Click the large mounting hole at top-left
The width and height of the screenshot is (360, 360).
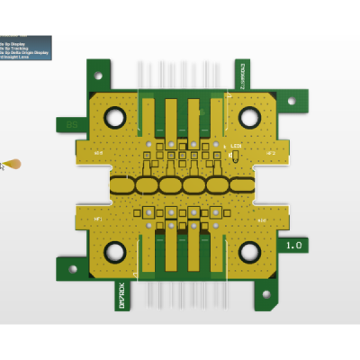point(116,117)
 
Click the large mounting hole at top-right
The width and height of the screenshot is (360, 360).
point(249,117)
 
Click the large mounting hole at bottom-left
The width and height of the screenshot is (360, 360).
point(115,252)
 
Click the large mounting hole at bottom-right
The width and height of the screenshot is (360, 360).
point(249,252)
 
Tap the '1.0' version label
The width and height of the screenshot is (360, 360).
point(293,245)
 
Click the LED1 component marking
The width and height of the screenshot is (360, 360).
point(236,146)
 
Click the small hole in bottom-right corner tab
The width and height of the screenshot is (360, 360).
point(265,293)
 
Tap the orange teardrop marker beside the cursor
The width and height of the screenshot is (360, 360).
point(13,164)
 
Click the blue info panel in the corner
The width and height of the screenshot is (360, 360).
point(25,47)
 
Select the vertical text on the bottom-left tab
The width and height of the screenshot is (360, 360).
point(122,294)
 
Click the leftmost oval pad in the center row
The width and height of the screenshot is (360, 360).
point(122,185)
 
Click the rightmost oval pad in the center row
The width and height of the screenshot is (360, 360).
point(241,185)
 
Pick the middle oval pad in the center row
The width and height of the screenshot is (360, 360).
point(182,185)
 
